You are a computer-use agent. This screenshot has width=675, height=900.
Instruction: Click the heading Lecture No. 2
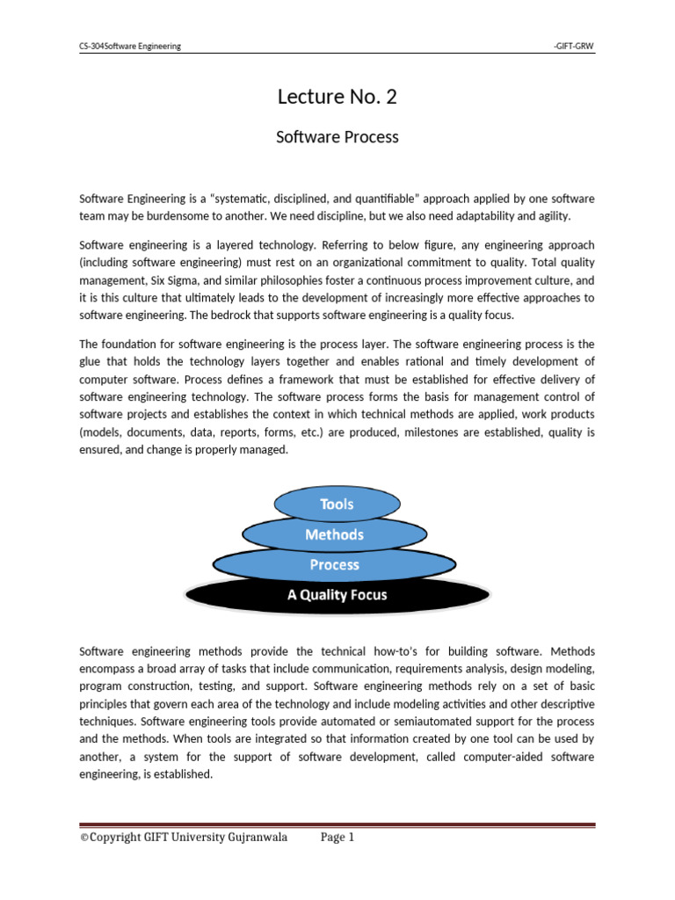(337, 97)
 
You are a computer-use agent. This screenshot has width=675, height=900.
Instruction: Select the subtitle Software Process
(337, 137)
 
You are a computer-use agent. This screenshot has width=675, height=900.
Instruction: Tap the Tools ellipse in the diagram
(337, 504)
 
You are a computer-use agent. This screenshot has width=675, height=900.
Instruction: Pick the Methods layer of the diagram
(334, 534)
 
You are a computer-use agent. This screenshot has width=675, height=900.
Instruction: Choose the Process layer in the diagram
(334, 564)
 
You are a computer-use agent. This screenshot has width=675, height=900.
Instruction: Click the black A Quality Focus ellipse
(337, 595)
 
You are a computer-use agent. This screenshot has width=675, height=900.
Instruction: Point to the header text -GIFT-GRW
(574, 47)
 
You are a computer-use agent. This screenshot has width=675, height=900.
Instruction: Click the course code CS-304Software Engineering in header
(130, 47)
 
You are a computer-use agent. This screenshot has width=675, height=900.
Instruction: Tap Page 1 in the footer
(337, 838)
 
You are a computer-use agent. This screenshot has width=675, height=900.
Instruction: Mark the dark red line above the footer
(337, 825)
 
